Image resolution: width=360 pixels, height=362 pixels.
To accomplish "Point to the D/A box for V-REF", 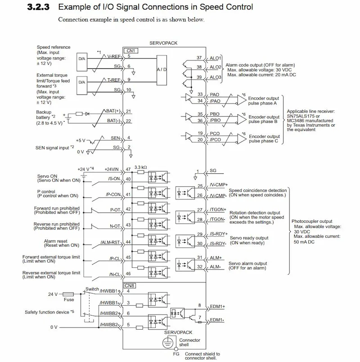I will (x=81, y=58).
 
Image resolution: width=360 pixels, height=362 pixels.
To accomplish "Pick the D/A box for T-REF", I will (x=81, y=82).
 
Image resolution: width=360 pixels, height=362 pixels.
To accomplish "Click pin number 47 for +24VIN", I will (x=129, y=169).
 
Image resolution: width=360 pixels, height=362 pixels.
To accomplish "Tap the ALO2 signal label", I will (x=216, y=68).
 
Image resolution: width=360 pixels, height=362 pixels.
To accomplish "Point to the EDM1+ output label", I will (x=217, y=306).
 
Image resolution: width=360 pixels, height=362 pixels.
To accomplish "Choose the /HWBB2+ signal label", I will (x=109, y=313).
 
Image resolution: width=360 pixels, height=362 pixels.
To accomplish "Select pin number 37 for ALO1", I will (x=199, y=58).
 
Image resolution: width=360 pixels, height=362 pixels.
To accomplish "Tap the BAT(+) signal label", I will (x=112, y=111).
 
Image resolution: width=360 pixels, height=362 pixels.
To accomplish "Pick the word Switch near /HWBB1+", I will (x=92, y=290).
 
